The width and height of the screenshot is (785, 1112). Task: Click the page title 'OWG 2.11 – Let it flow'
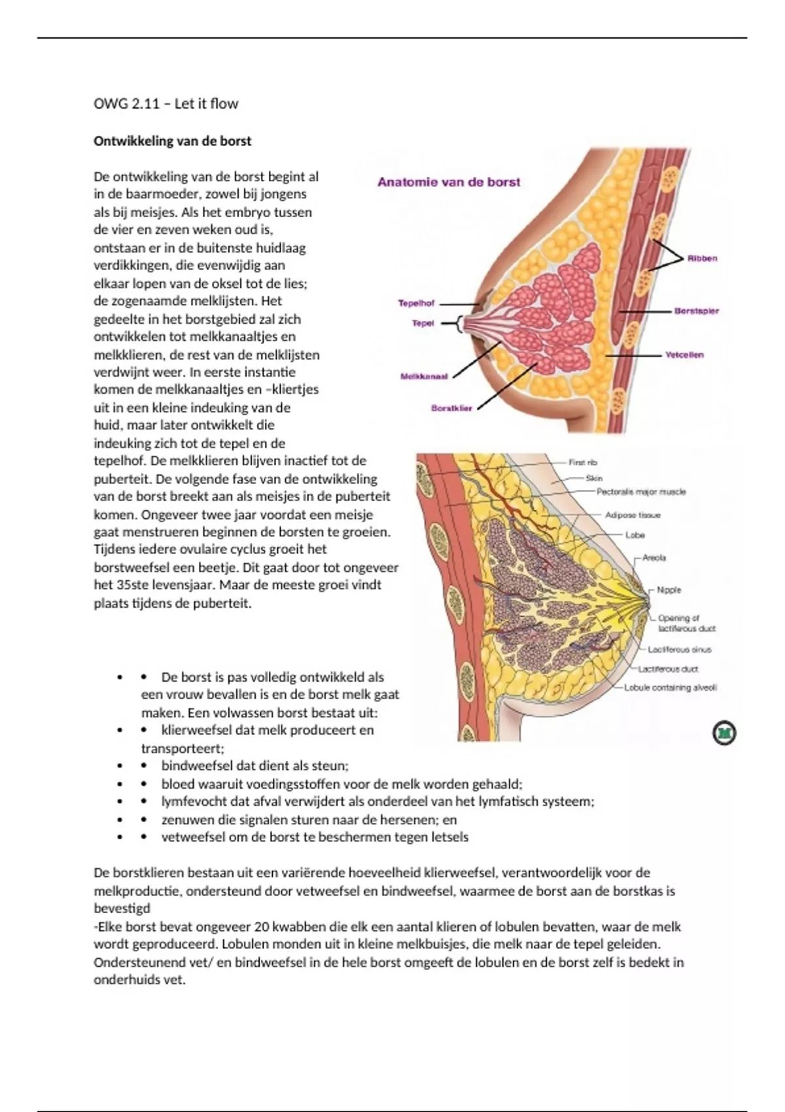[x=166, y=103]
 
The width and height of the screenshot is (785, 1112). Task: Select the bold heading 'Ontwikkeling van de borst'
[x=173, y=141]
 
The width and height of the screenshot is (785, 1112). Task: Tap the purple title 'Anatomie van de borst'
[x=449, y=182]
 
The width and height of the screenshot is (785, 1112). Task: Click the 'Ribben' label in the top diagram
[x=702, y=258]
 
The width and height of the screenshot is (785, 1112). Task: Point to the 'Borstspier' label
[x=697, y=311]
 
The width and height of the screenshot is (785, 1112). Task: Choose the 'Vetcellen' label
[x=684, y=355]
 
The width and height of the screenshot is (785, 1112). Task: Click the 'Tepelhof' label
[x=416, y=304]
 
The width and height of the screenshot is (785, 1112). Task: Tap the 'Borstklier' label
[x=451, y=408]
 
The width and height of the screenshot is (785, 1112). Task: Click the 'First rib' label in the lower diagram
[x=583, y=462]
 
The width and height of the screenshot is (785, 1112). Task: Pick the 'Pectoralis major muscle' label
[x=641, y=491]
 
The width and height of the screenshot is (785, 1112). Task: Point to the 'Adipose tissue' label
[x=633, y=515]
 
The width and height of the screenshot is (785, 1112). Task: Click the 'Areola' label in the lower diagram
[x=654, y=558]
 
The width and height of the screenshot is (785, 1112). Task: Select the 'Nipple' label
[x=669, y=590]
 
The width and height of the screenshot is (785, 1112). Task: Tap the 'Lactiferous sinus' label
[x=680, y=650]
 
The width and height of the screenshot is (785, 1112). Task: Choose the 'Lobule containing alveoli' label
[x=671, y=687]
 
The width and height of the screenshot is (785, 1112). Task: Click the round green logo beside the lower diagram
[x=724, y=733]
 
